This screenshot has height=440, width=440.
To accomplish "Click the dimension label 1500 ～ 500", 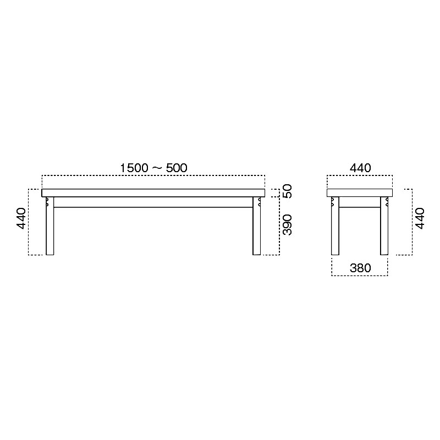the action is tap(153, 168).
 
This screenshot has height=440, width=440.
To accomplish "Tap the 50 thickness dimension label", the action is tap(287, 191).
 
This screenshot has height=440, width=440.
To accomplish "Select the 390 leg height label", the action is tap(287, 225).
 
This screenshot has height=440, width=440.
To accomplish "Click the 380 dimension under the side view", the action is tap(360, 268).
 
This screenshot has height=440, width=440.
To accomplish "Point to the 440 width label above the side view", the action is tap(360, 168).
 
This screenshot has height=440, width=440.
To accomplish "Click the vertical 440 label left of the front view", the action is tap(21, 218).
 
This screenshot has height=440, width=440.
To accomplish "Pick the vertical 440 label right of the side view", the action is tap(420, 218).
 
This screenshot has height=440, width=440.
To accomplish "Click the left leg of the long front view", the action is tap(50, 226).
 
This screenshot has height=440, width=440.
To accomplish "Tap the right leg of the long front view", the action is tap(256, 226).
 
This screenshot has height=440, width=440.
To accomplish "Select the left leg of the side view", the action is tap(335, 226).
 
